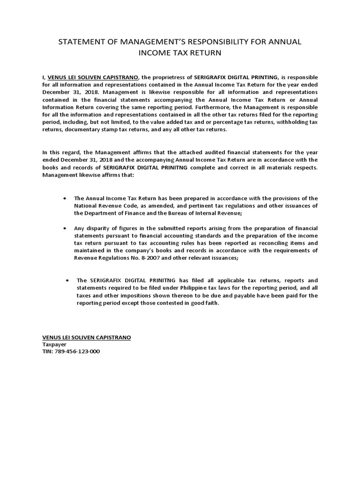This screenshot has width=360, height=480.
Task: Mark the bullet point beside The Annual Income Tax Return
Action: pos(65,198)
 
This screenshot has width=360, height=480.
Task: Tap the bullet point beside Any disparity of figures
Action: pos(65,228)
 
